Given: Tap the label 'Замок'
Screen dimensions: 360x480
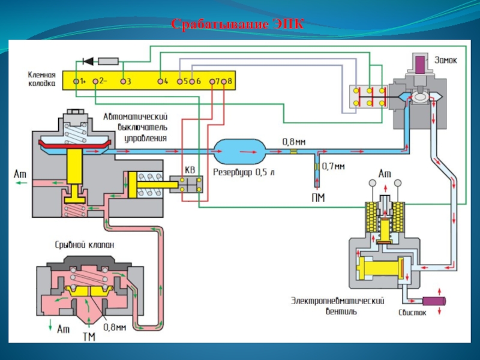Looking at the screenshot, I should (445, 60).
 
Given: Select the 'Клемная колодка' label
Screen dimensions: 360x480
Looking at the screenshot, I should (41, 80).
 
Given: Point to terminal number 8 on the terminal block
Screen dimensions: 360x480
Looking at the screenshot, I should (224, 80).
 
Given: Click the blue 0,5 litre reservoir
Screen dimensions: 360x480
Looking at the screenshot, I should (239, 151).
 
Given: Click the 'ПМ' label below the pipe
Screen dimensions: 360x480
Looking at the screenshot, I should (318, 199).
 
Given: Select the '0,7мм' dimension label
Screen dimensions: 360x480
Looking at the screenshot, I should (334, 165).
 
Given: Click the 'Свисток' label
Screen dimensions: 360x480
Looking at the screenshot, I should (413, 313).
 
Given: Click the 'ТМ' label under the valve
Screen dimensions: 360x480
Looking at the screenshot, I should (88, 337).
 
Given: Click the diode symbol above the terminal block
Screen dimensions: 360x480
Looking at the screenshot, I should (88, 61).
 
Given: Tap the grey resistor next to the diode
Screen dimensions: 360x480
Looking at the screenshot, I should (109, 61).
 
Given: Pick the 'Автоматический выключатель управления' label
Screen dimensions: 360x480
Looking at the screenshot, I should (135, 127).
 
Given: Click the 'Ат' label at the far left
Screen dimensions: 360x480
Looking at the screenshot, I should (19, 173).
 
